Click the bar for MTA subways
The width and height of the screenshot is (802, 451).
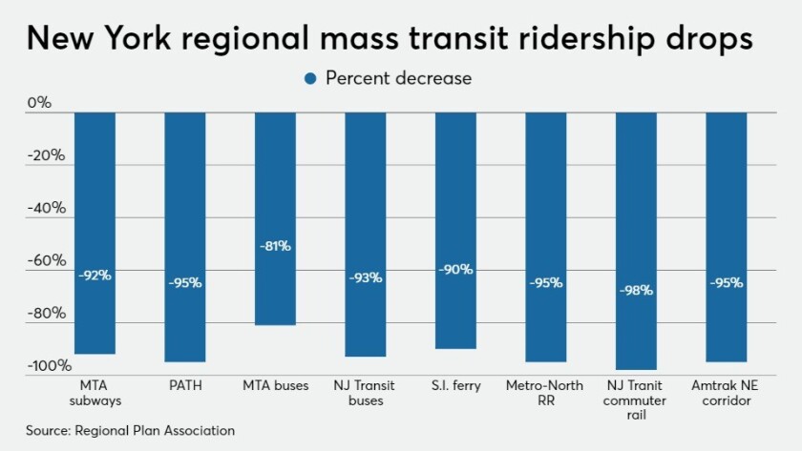(x=95, y=233)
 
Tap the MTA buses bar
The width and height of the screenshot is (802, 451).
(x=275, y=218)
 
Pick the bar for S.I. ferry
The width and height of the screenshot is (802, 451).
(x=455, y=230)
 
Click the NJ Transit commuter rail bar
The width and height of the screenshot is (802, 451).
(x=636, y=240)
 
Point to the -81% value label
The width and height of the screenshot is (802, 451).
(x=275, y=246)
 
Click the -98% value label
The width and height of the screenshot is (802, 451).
(x=636, y=290)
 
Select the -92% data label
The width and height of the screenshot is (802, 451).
(x=95, y=276)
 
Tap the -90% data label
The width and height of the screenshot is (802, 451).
(x=455, y=270)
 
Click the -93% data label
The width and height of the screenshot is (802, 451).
(x=365, y=277)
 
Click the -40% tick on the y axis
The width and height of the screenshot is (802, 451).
(x=45, y=208)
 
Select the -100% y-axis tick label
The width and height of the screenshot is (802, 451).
(x=48, y=366)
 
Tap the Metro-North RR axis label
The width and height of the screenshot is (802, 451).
(x=545, y=393)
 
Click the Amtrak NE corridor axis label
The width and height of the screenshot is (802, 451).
(x=726, y=393)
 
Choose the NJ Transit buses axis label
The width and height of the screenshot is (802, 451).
(x=365, y=393)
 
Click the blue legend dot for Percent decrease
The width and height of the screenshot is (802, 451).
(x=310, y=78)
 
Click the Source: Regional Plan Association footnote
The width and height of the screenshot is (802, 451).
(x=130, y=431)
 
